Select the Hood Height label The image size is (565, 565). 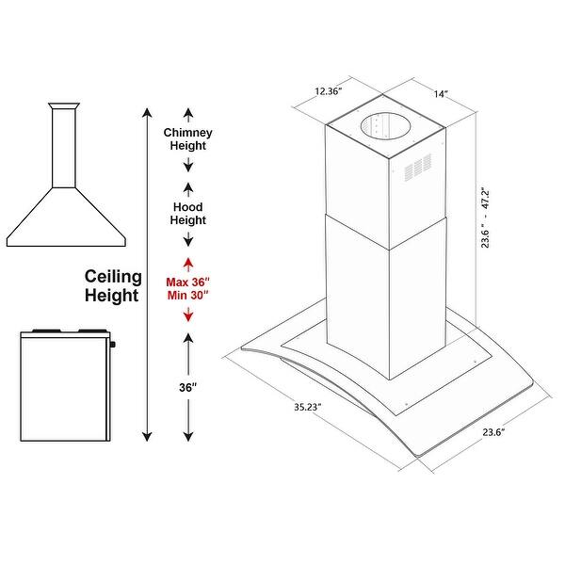(188, 214)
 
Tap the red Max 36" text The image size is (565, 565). (188, 281)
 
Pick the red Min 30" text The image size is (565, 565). (188, 296)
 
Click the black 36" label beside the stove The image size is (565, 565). (188, 387)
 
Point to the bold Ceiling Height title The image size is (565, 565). (113, 286)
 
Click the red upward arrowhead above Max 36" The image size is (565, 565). (188, 261)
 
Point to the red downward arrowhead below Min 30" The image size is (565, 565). (188, 317)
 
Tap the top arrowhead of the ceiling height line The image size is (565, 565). (147, 112)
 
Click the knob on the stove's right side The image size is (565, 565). (113, 345)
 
